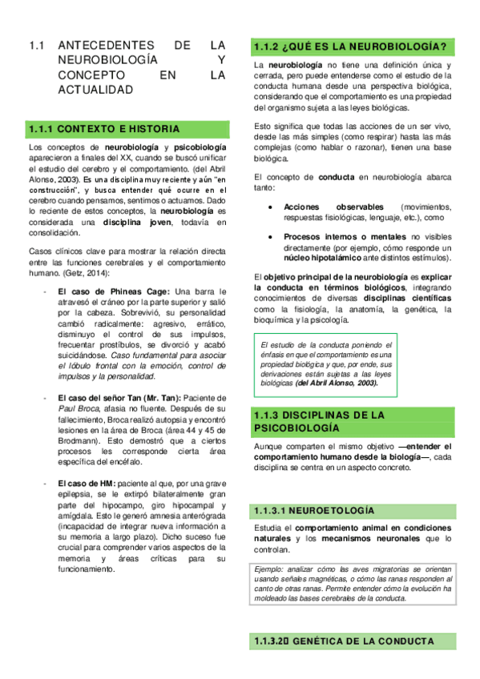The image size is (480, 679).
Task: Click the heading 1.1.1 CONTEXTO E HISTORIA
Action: pos(104,129)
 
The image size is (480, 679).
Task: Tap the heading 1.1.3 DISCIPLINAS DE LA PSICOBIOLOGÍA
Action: pos(318,421)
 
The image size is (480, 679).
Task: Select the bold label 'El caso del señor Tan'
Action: pos(105,398)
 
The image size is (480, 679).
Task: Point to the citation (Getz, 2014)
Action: pos(96,273)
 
